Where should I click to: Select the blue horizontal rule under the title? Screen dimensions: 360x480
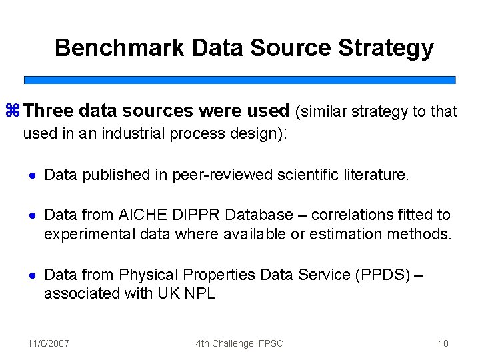pyautogui.click(x=240, y=80)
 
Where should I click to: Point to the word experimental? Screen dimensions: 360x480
pyautogui.click(x=86, y=234)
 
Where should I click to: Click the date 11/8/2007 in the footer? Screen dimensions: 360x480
pyautogui.click(x=49, y=343)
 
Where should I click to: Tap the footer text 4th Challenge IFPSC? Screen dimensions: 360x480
pyautogui.click(x=239, y=343)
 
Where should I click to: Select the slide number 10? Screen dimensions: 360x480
pyautogui.click(x=443, y=343)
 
